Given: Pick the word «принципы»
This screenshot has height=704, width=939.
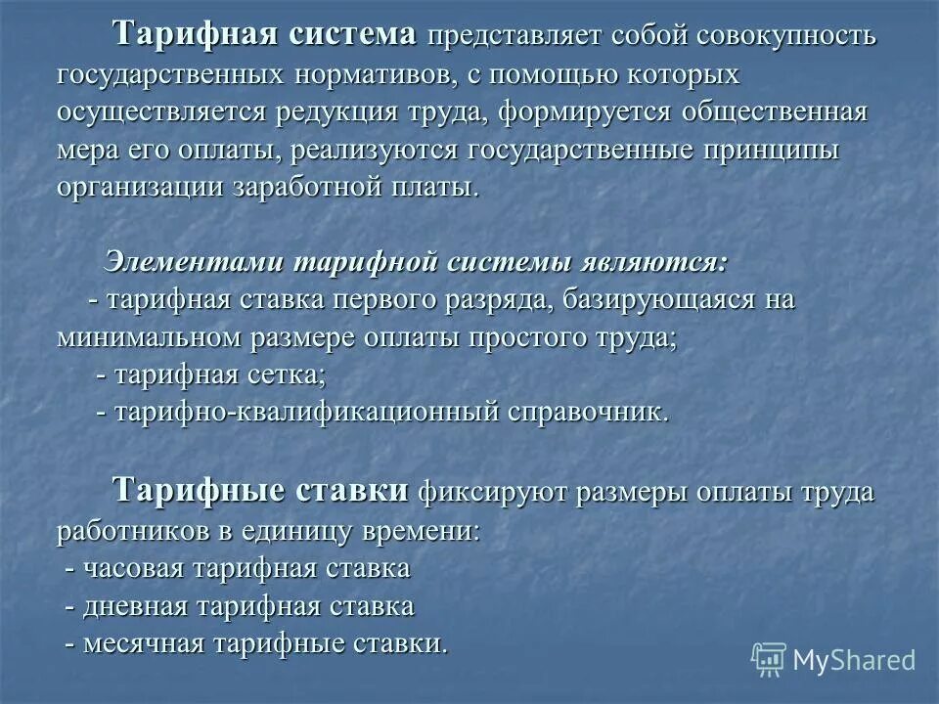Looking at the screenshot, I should click(773, 150).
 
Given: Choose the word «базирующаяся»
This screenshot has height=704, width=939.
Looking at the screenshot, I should click(645, 300).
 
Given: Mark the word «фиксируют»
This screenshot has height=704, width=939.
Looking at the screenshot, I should click(493, 492).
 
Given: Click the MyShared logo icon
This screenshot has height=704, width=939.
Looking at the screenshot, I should click(768, 658).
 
